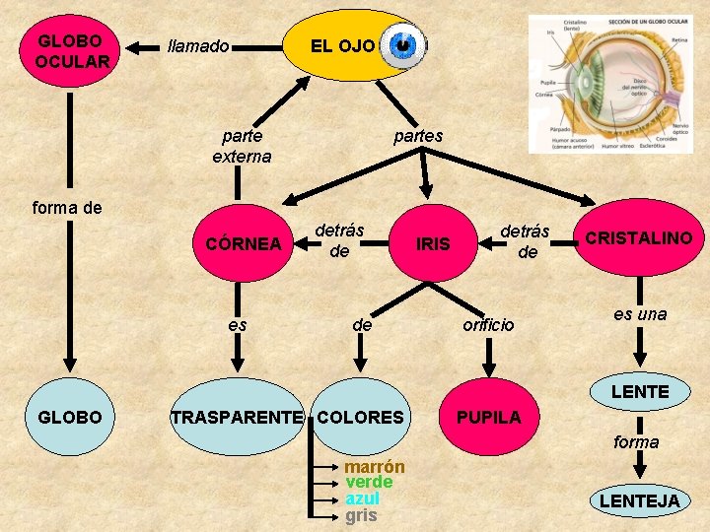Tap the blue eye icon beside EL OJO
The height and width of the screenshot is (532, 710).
coord(402,45)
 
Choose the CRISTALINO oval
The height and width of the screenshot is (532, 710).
coord(639,238)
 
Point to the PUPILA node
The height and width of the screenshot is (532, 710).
coord(488,417)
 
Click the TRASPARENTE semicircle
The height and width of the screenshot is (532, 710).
coord(238,417)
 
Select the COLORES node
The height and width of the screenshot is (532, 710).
coord(361,417)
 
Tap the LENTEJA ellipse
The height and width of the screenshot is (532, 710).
coord(640,500)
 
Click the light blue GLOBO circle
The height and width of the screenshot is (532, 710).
coord(69,417)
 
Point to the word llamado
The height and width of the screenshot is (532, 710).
coord(199,46)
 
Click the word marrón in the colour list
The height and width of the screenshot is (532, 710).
coord(375,467)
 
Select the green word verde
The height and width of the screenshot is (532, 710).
coord(369,483)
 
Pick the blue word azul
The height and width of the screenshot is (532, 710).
coord(362,499)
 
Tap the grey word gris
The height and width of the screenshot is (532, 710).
coord(361,515)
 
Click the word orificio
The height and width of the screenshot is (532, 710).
coord(489,324)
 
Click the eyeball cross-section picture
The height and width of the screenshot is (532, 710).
coord(609,84)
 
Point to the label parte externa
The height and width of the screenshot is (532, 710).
coord(242,146)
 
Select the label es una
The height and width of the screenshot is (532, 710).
coord(640,314)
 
